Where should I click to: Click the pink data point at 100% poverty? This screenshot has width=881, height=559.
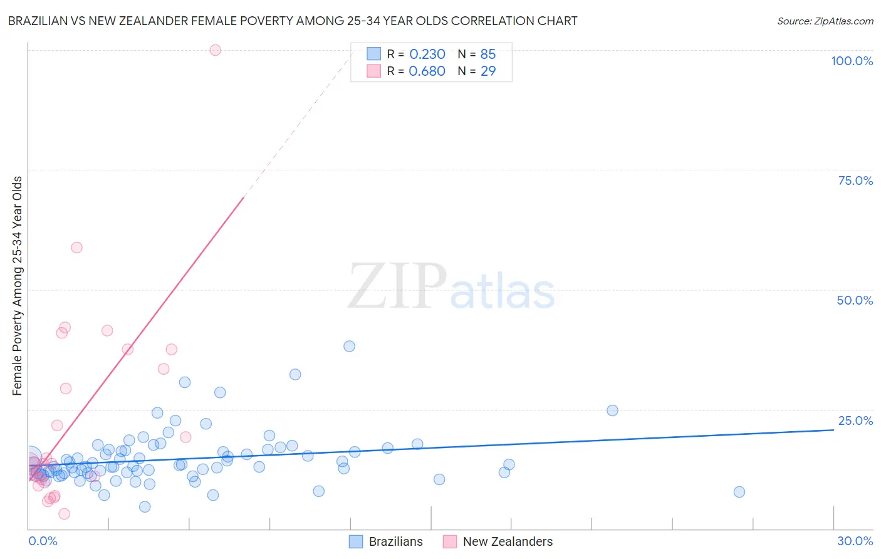(x=215, y=50)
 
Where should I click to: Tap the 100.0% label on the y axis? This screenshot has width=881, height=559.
(x=852, y=61)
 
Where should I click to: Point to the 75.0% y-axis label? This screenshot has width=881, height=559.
(x=855, y=180)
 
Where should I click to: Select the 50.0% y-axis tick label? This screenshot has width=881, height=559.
(x=854, y=300)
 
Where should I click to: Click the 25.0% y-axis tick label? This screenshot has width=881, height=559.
(x=855, y=421)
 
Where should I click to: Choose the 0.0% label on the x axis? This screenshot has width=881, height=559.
(x=43, y=541)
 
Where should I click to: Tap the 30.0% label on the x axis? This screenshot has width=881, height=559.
(x=855, y=541)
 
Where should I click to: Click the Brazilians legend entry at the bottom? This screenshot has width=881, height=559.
(x=386, y=541)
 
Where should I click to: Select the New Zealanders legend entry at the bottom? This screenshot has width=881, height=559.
(x=498, y=541)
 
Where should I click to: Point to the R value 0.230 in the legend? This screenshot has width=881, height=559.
(x=427, y=55)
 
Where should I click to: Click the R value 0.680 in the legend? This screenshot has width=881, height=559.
(x=427, y=71)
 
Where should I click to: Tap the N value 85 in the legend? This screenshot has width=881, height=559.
(x=487, y=55)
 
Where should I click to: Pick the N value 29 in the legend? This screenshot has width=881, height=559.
(x=487, y=71)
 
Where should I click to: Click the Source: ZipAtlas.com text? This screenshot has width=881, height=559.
(x=825, y=21)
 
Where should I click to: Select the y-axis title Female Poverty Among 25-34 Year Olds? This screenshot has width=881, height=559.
(x=18, y=286)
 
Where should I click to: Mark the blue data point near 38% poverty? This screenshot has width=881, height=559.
(x=349, y=346)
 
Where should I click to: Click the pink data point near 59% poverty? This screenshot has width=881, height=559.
(x=76, y=247)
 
